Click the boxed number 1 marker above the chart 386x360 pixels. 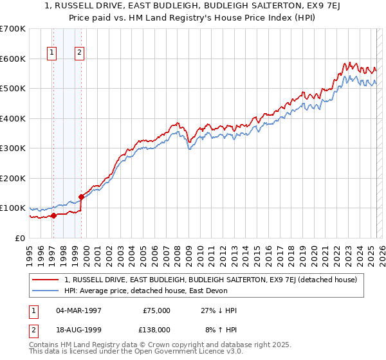[x=51, y=53]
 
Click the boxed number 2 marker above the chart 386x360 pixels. [x=79, y=53]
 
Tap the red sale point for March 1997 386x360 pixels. [x=54, y=215]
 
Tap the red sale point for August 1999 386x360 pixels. [x=82, y=197]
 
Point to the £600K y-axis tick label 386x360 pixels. [x=13, y=59]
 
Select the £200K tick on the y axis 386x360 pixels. [x=13, y=178]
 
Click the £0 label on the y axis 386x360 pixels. [x=20, y=238]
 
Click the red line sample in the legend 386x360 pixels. [x=46, y=280]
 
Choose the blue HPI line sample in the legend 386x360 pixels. [x=46, y=291]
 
